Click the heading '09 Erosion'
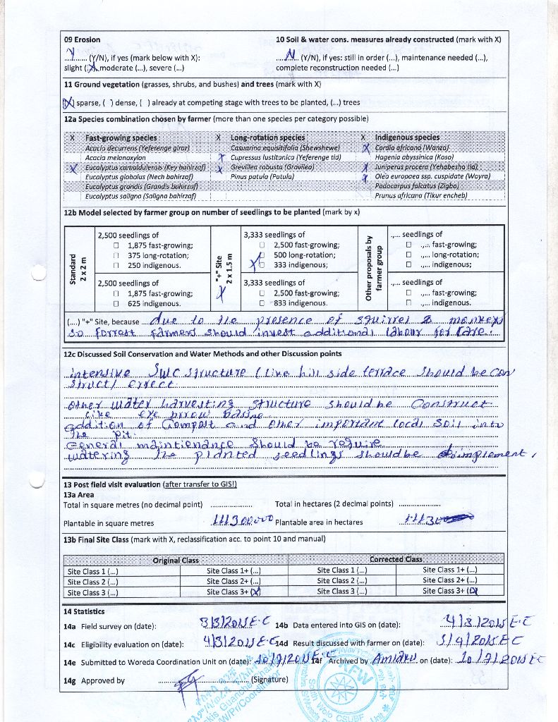(x=82, y=39)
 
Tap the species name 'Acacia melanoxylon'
(x=116, y=158)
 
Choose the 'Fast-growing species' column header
(x=121, y=138)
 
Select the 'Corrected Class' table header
(x=396, y=560)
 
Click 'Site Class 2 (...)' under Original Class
(x=92, y=582)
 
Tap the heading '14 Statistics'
(x=84, y=611)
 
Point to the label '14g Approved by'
(x=95, y=680)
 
